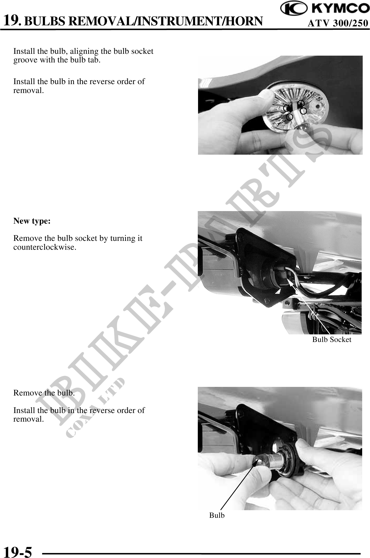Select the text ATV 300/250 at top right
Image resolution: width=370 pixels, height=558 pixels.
tap(338, 23)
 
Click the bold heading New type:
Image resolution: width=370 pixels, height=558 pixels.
tap(32, 221)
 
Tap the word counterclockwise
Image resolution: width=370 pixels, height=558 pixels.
tap(45, 247)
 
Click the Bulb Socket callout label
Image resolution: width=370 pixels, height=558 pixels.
tap(332, 339)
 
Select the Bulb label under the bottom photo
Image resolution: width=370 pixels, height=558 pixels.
tap(217, 515)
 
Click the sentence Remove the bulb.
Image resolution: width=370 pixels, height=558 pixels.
tap(44, 393)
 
